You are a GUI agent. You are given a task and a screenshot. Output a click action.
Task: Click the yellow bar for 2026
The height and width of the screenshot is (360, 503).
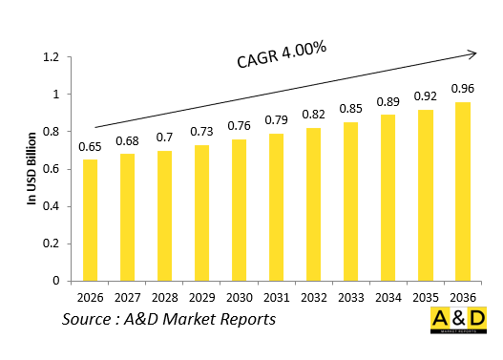point(89,221)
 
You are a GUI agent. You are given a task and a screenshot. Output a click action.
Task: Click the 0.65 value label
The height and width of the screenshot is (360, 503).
point(89,148)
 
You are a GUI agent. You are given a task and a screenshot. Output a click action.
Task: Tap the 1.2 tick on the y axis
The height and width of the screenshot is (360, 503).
point(52,57)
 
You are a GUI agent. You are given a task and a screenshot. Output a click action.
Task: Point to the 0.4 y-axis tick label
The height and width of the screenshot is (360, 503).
point(52,206)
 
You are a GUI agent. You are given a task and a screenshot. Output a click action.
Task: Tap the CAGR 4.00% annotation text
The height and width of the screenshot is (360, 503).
point(282,54)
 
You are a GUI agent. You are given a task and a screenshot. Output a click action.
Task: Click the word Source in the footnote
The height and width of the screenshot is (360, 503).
point(91,319)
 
